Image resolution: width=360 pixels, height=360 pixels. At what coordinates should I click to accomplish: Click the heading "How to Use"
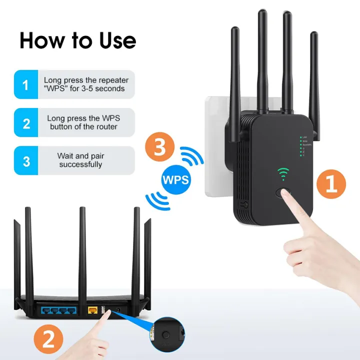pyautogui.click(x=77, y=40)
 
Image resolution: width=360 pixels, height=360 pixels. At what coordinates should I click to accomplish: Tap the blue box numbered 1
pyautogui.click(x=26, y=84)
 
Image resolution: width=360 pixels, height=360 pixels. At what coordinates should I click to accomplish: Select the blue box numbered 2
pyautogui.click(x=26, y=122)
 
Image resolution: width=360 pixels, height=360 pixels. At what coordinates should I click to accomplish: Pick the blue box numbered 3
pyautogui.click(x=26, y=160)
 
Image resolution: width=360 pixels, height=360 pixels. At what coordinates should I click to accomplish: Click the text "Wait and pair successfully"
pyautogui.click(x=80, y=160)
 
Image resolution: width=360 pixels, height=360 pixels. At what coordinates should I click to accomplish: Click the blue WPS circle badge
pyautogui.click(x=176, y=178)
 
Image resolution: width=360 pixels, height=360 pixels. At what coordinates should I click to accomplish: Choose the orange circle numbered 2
pyautogui.click(x=48, y=340)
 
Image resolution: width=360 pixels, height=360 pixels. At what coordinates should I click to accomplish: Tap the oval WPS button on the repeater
pyautogui.click(x=284, y=193)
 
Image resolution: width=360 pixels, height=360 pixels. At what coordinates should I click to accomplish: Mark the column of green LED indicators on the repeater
pyautogui.click(x=301, y=146)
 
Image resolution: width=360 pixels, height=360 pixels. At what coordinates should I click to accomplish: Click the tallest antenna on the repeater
pyautogui.click(x=262, y=60)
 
